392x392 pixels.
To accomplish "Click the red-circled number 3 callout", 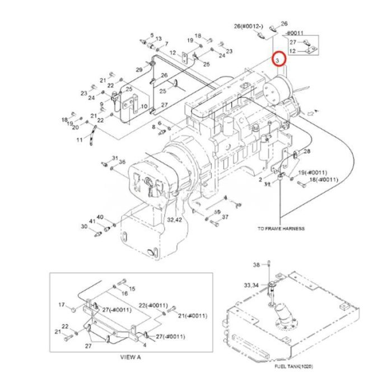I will (278, 58).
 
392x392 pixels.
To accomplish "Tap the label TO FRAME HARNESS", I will (281, 228).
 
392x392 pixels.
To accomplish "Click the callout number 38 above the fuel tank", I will (258, 264).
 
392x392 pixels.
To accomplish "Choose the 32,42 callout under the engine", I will (174, 220).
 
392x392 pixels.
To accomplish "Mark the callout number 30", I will (84, 227).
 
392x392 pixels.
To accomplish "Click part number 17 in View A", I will (62, 304).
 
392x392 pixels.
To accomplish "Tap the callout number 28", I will (306, 152).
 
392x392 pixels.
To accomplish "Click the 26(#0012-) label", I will (245, 26).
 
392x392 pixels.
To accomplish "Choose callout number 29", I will (139, 69).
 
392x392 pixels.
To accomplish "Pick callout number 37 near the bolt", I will (225, 217).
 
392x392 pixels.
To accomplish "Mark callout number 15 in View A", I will (132, 288).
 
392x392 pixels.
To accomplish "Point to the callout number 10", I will (144, 106).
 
